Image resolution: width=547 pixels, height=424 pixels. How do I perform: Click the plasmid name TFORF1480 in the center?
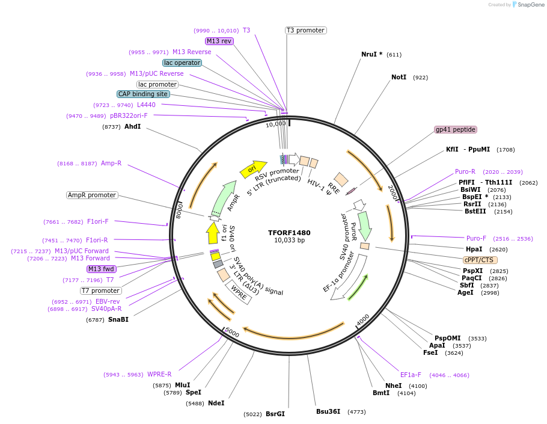[289, 233]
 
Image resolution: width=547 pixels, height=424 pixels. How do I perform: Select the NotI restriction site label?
[399, 78]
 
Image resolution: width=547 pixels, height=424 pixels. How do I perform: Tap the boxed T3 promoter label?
[305, 30]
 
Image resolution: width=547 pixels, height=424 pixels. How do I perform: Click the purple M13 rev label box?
[219, 41]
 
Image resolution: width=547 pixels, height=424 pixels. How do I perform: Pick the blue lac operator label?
[182, 63]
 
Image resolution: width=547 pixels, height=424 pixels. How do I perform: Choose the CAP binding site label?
[143, 94]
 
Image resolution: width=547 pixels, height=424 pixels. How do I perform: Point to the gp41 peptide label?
[455, 129]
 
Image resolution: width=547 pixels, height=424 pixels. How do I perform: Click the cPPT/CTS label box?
[479, 260]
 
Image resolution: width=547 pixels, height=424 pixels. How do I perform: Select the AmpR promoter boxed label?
[92, 195]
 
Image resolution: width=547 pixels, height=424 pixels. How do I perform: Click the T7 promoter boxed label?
[100, 290]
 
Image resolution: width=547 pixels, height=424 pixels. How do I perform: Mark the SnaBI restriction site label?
[118, 319]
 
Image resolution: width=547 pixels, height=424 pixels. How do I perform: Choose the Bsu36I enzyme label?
[328, 411]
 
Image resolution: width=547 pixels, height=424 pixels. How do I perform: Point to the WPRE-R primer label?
[159, 374]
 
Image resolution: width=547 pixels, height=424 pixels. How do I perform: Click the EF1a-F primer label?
[411, 375]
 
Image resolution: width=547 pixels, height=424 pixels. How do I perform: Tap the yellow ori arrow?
[252, 169]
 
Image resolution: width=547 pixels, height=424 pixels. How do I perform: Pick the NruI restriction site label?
[371, 54]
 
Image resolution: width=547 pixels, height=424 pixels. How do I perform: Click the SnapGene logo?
[528, 4]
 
